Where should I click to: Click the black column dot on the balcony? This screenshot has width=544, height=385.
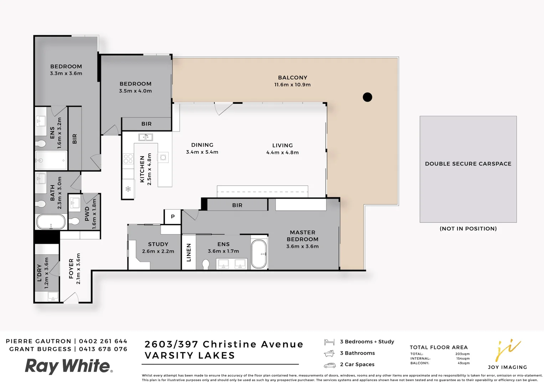point(367,97)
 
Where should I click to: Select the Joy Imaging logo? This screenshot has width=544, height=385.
point(507,355)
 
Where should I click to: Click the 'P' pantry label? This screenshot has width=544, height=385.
point(173,217)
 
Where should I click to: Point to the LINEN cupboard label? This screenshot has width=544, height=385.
point(189,252)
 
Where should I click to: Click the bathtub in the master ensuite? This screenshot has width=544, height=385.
point(259,254)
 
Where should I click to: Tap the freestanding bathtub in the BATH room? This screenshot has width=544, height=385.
point(51,222)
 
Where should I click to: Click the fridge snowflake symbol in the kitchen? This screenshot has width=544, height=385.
point(128,189)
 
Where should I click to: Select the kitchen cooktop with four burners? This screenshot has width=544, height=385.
point(128,159)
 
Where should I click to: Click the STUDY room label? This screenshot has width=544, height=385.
point(158,244)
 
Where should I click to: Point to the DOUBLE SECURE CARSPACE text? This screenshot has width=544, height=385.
point(468,164)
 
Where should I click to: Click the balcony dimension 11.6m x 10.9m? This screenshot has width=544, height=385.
point(292,85)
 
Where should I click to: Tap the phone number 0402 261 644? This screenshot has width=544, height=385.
point(103,341)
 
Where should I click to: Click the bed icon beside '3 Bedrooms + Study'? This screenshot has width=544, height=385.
point(329,342)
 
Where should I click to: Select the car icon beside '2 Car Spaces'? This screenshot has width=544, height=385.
point(329,365)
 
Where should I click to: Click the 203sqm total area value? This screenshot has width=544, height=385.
point(462,354)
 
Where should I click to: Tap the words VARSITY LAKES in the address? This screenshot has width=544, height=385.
point(190,355)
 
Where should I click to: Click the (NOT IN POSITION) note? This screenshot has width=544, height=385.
point(468,229)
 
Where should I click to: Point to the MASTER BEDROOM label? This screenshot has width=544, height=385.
point(302,236)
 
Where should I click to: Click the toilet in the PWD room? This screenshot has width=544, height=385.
point(74,221)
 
